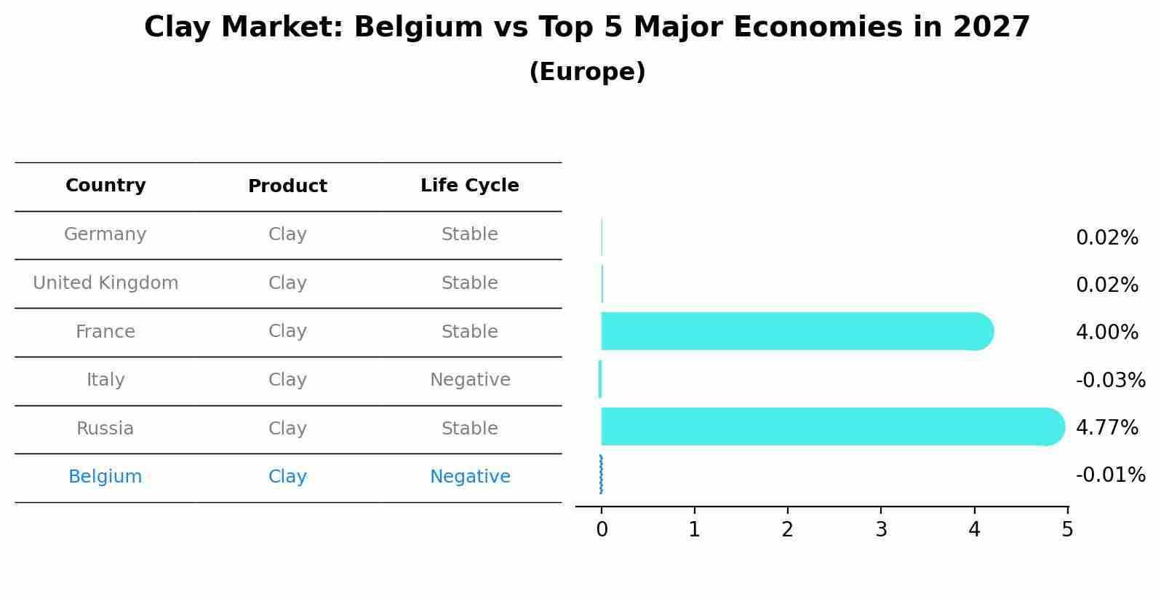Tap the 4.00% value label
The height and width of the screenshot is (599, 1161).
pos(1106,333)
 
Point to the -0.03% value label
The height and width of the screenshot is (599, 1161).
pos(1110,381)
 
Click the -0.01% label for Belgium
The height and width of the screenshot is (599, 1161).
pos(1110,475)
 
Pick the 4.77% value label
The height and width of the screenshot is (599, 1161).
pos(1106,427)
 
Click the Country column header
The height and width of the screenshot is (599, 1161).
pos(105,186)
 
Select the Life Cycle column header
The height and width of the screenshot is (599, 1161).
pos(469,186)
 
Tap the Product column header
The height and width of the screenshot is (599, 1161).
pos(287,186)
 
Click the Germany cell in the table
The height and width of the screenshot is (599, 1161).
pos(105,234)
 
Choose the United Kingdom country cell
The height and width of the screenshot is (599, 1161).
pos(105,283)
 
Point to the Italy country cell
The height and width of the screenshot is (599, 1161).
pos(105,380)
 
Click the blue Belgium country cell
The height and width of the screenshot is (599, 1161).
pos(105,477)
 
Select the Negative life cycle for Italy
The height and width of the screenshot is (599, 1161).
pos(470,380)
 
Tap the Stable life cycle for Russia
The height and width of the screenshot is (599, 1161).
pos(469,429)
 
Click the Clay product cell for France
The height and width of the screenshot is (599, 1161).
pos(287,332)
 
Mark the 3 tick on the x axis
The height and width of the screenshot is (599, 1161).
pos(881,529)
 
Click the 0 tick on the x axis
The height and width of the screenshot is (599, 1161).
pos(602,529)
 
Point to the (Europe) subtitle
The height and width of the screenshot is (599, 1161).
pos(587,72)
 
